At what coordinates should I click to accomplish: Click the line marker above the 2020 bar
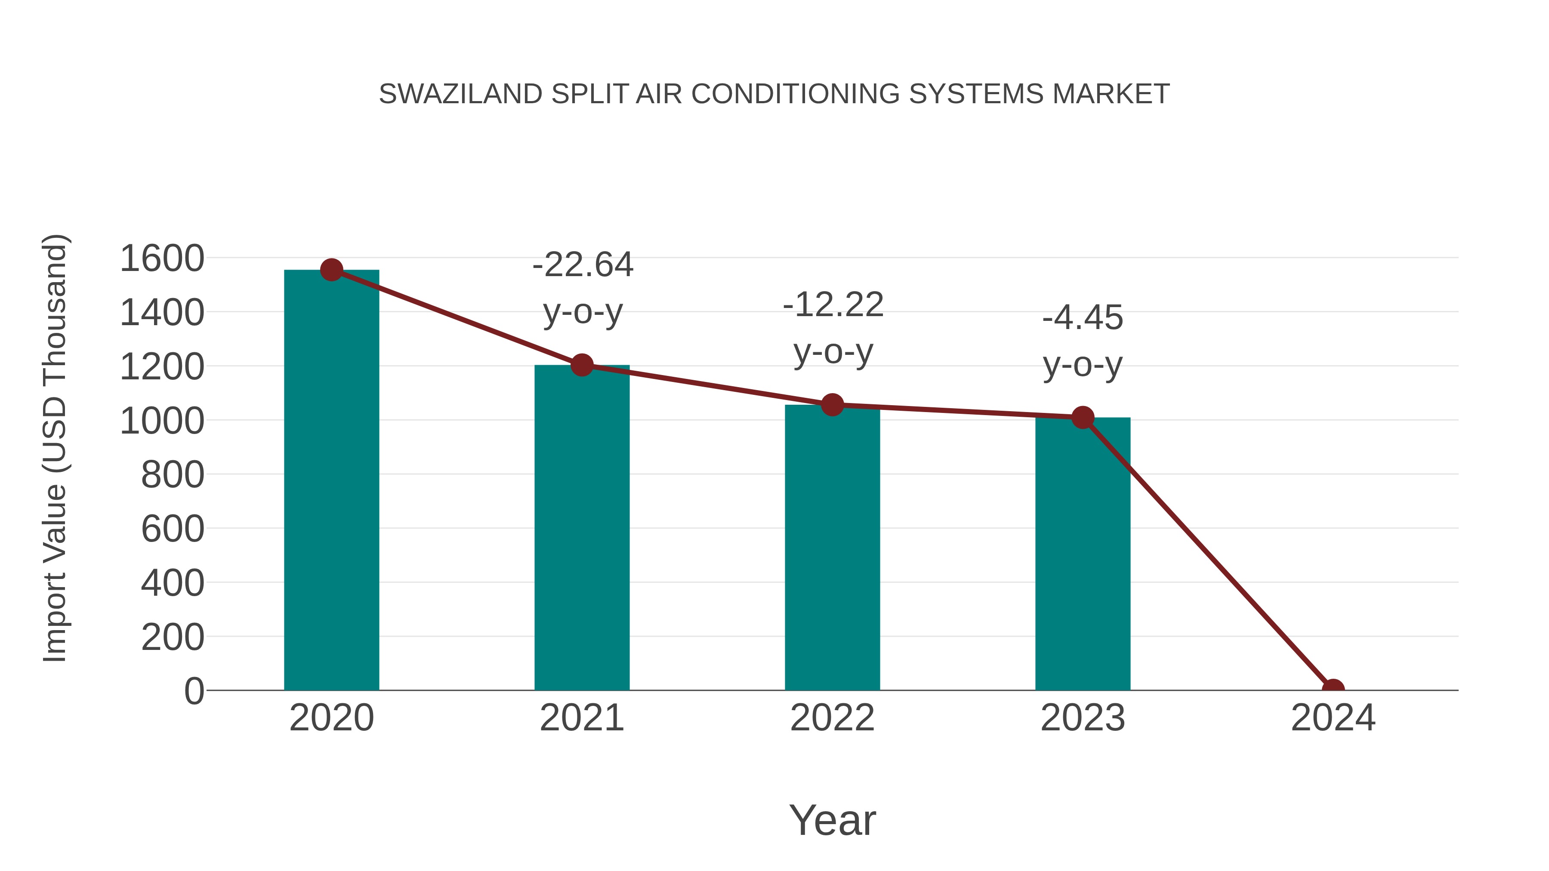(331, 270)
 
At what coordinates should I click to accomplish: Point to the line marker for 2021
(581, 364)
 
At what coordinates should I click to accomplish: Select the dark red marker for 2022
(832, 405)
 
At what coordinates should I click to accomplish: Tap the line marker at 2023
(1083, 417)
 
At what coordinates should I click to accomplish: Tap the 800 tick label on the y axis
(173, 475)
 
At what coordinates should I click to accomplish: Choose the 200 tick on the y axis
(173, 637)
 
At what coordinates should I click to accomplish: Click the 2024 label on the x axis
(1333, 718)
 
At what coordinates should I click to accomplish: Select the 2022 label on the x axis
(832, 718)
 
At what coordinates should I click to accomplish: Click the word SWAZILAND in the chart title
(460, 94)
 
